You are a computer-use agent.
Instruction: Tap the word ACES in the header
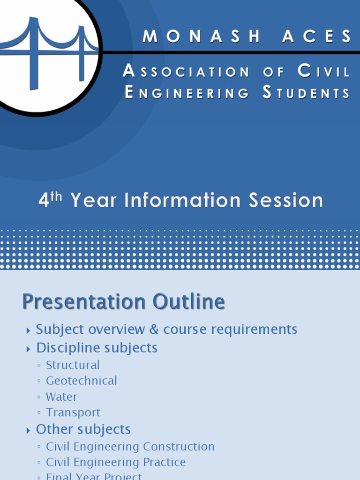(x=316, y=37)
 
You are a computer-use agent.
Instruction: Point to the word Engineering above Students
(x=187, y=93)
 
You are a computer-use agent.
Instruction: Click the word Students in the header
(x=306, y=93)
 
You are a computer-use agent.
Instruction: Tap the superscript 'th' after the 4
(x=56, y=197)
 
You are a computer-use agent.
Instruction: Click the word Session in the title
(x=286, y=201)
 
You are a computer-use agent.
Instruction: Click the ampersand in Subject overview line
(x=154, y=330)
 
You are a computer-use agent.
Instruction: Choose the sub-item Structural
(x=73, y=365)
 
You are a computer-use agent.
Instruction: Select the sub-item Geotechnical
(x=81, y=381)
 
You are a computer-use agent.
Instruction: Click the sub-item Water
(x=61, y=397)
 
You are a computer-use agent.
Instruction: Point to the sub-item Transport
(x=73, y=412)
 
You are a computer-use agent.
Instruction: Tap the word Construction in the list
(x=179, y=447)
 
